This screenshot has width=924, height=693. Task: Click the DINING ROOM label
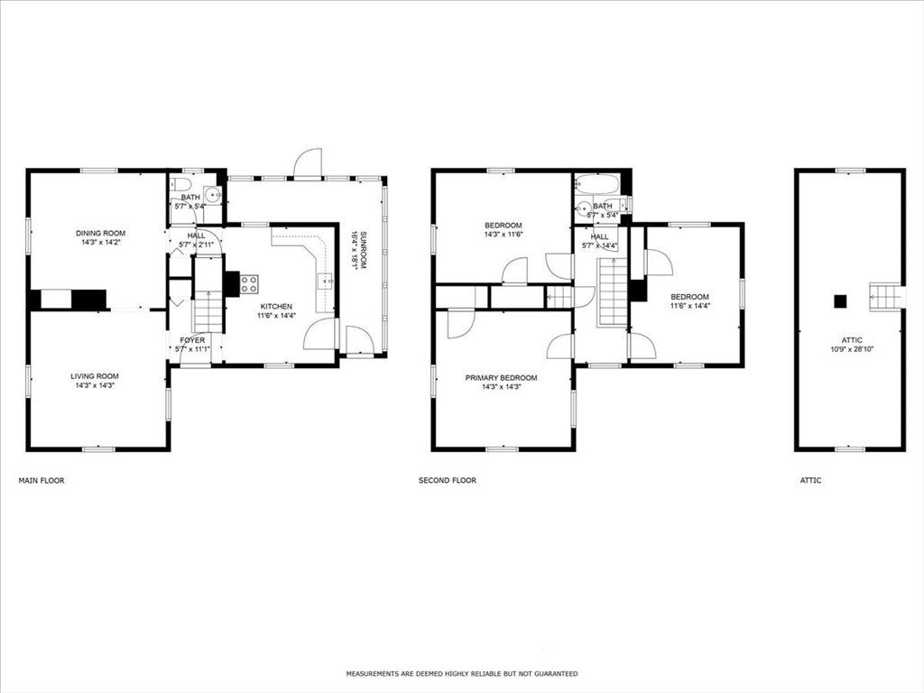pos(100,234)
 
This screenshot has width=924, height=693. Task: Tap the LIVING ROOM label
pos(94,376)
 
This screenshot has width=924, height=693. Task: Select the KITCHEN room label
pos(276,307)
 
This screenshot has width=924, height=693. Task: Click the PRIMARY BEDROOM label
pos(501,378)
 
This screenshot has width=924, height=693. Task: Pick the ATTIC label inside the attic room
pos(852,340)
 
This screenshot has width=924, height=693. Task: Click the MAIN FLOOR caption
pos(42,481)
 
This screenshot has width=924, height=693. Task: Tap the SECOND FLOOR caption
pos(448,481)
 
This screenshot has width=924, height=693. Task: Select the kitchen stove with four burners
pos(249,284)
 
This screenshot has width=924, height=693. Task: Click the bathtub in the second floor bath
pos(596,184)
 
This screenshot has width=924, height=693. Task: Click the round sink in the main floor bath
pos(216,193)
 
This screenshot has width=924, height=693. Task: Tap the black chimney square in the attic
pos(840,301)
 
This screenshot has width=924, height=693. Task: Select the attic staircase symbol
pos(887,295)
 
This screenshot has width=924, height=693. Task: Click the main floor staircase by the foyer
pos(208,312)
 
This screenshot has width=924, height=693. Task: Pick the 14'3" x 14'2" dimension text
pos(100,243)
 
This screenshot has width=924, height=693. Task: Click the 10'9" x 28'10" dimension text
pos(852,349)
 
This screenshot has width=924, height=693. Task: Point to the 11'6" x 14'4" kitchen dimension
pos(276,316)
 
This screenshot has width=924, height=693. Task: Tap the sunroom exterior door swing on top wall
pos(308,162)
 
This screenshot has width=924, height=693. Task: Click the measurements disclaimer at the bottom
pos(462,673)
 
